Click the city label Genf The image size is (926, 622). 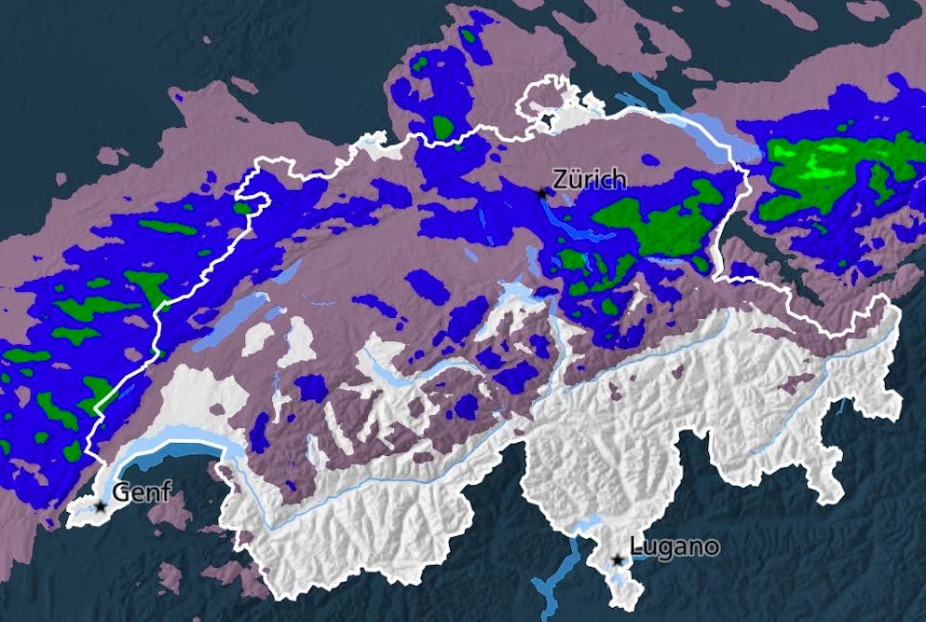tap(142, 491)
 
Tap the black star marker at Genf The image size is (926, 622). tap(101, 506)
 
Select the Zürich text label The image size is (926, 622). tap(589, 178)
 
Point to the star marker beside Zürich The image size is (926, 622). tap(542, 192)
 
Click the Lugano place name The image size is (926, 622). tap(674, 546)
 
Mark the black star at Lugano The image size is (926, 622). tap(617, 560)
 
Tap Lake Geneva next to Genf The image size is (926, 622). tap(177, 454)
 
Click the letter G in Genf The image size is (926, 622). tap(121, 491)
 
